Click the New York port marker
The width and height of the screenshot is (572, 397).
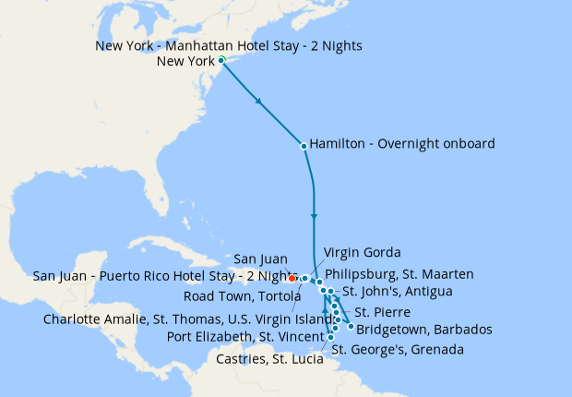(x=221, y=61)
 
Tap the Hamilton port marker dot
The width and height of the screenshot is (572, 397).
(x=304, y=146)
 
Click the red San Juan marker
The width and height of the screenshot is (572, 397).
(x=292, y=277)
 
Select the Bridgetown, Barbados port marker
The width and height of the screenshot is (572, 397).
(x=351, y=328)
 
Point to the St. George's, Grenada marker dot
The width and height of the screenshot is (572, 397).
(x=330, y=338)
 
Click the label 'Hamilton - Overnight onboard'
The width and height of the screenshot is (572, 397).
(x=402, y=144)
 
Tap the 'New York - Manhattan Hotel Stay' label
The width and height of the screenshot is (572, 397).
(x=228, y=46)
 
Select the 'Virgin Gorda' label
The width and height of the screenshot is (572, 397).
(x=363, y=253)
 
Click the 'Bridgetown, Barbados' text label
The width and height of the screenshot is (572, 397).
(x=423, y=330)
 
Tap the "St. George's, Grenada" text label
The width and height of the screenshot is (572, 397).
(x=397, y=350)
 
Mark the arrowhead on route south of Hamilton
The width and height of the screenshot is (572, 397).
(x=315, y=218)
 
